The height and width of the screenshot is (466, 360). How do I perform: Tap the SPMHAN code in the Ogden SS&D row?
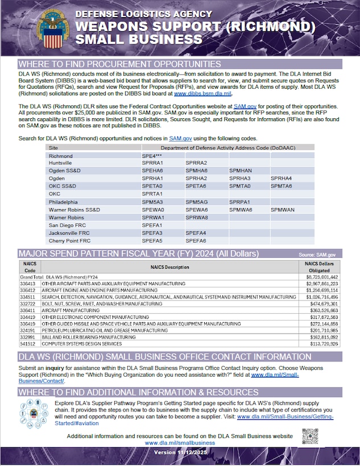click(x=241, y=170)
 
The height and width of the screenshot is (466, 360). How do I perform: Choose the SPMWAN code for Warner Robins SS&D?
click(x=283, y=209)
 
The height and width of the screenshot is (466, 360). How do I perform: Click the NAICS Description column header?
click(x=169, y=267)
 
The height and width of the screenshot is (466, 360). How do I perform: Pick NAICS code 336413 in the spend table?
click(x=28, y=283)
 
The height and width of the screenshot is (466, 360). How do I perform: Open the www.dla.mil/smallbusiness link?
click(x=180, y=443)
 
